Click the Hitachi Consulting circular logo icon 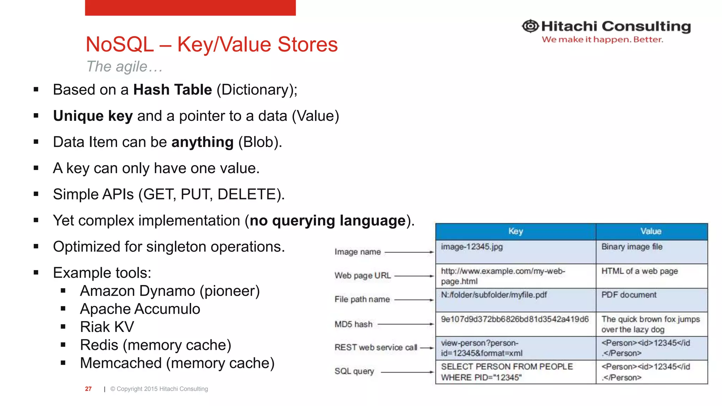(x=530, y=26)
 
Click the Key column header (x=515, y=232)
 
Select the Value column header (x=651, y=232)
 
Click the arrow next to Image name (x=409, y=252)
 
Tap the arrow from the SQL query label (x=407, y=372)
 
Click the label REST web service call (x=376, y=347)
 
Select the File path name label (x=362, y=299)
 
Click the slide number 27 (x=88, y=389)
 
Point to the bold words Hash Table (x=172, y=90)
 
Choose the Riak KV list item (x=107, y=327)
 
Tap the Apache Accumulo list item (x=140, y=309)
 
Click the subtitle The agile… (x=124, y=67)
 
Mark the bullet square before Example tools (x=36, y=272)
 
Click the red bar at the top (x=190, y=7)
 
